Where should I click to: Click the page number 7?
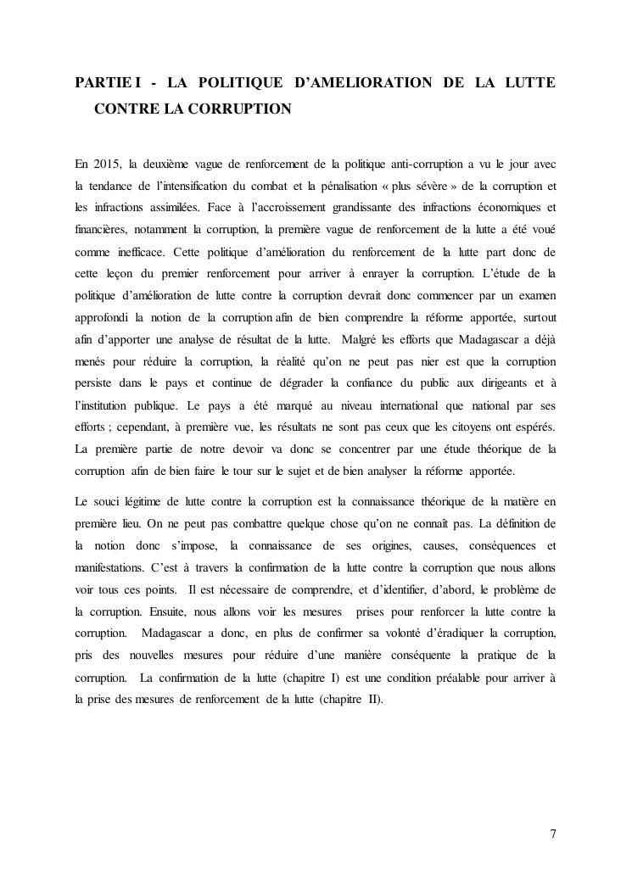coord(553,832)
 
